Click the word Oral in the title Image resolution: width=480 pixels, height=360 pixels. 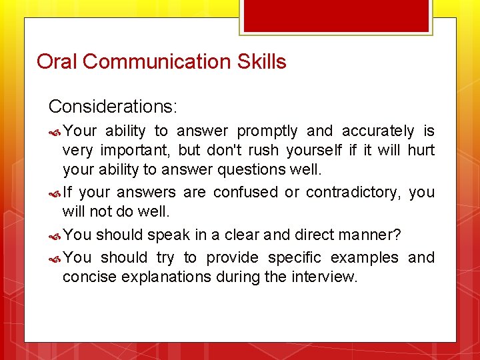(x=57, y=62)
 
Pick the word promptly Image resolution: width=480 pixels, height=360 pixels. (x=267, y=131)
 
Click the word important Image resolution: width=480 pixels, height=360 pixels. (x=137, y=150)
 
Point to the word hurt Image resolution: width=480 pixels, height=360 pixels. (x=421, y=150)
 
